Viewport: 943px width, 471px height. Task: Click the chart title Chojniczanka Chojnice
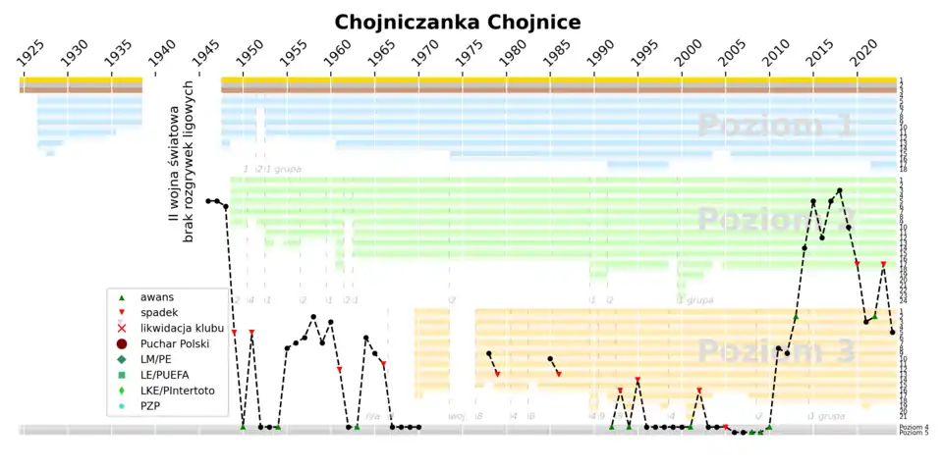click(x=457, y=22)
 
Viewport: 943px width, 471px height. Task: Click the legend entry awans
click(x=158, y=295)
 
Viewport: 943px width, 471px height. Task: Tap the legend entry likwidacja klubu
click(x=181, y=327)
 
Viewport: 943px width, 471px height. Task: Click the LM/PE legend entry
click(x=161, y=358)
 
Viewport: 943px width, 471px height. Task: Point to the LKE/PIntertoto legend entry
click(x=177, y=390)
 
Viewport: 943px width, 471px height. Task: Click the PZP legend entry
click(x=150, y=405)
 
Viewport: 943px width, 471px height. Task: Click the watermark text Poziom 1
click(x=776, y=126)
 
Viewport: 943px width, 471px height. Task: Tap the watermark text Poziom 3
click(x=776, y=351)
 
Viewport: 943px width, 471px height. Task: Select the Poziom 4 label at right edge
click(x=914, y=427)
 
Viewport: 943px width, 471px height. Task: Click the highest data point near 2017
click(x=839, y=190)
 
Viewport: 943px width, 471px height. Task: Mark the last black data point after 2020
click(x=892, y=332)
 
